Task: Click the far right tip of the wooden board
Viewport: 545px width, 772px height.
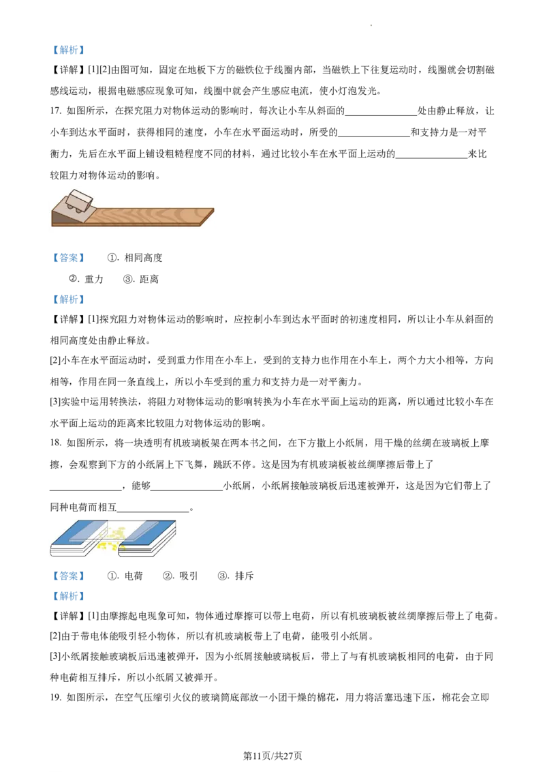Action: point(213,210)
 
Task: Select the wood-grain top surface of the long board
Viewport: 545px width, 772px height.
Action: point(150,215)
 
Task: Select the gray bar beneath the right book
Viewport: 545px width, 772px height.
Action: point(136,559)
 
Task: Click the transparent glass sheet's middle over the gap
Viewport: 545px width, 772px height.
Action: point(113,529)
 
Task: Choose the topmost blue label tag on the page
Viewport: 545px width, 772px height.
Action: point(68,49)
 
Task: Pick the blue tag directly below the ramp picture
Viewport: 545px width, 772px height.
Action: point(68,258)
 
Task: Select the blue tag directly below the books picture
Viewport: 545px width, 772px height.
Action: point(68,576)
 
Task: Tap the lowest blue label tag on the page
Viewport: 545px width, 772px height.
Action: point(68,597)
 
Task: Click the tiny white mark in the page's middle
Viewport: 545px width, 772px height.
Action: point(196,416)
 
